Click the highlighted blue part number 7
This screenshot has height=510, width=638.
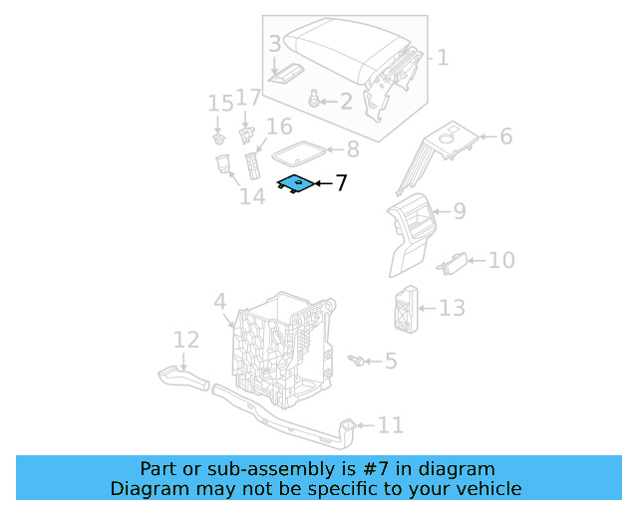(x=295, y=183)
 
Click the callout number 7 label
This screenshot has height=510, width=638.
(x=341, y=183)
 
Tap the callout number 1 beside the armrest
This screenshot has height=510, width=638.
(x=443, y=58)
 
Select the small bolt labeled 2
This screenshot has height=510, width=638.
(x=315, y=99)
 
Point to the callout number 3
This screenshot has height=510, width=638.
(x=275, y=45)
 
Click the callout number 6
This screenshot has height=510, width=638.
(x=505, y=136)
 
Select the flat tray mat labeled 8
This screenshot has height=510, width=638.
(x=297, y=151)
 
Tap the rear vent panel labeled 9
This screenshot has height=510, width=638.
(x=414, y=234)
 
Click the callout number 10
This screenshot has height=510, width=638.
(x=501, y=260)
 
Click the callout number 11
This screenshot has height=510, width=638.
(x=390, y=425)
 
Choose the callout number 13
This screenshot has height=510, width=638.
(x=452, y=308)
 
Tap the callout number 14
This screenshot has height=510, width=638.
(x=252, y=196)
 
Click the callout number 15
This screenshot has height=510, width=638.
(x=219, y=104)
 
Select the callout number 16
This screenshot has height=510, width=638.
(x=279, y=127)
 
